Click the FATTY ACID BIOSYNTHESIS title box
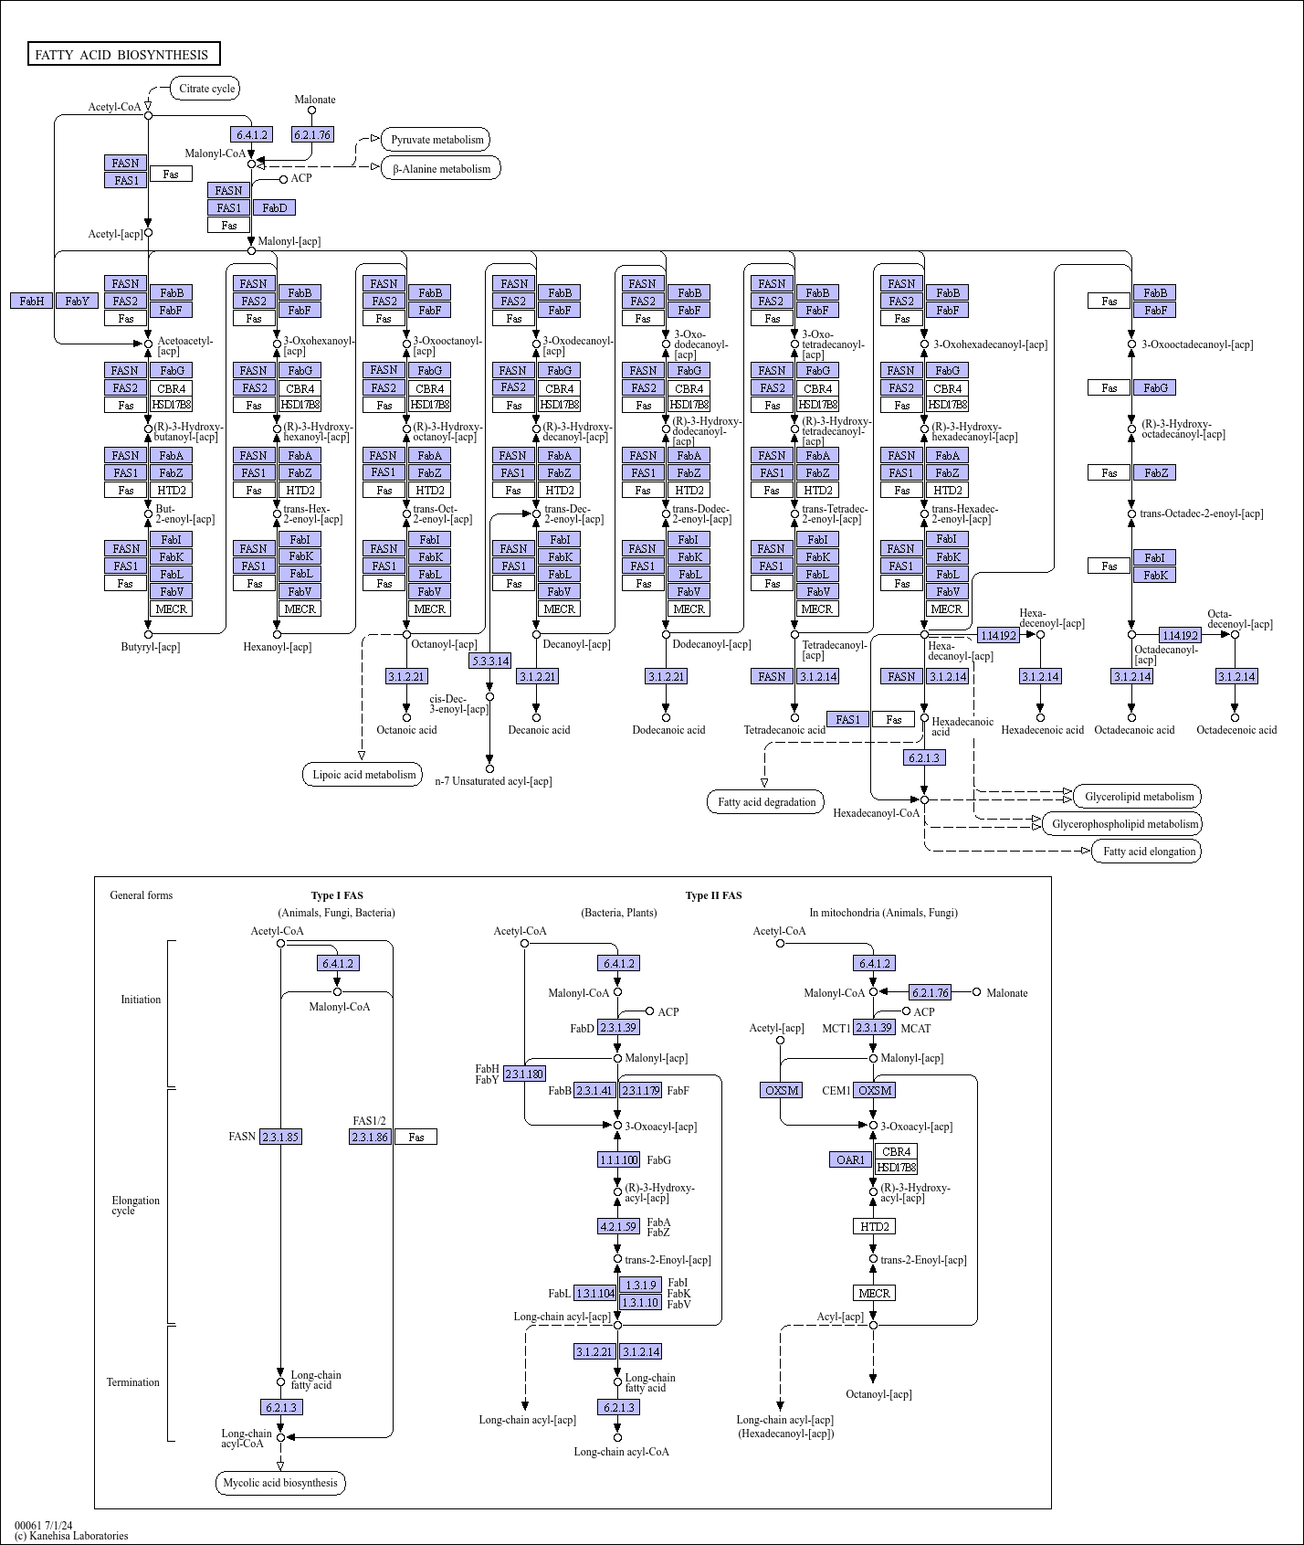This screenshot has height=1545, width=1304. point(123,55)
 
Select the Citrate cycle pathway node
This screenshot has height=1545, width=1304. point(206,89)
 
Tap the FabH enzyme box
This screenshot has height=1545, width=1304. point(32,301)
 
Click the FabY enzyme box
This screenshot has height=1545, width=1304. point(78,301)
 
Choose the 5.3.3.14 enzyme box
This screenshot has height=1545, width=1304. point(490,660)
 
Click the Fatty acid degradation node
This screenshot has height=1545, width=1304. point(766,802)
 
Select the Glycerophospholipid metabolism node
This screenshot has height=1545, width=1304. point(1124,823)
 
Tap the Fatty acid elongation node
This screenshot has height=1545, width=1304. point(1148,852)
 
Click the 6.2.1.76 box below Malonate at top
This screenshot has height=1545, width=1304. point(312,134)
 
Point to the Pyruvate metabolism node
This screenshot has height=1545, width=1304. point(436,140)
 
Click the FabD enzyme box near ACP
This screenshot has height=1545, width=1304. point(274,207)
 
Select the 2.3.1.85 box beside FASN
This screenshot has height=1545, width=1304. point(280,1137)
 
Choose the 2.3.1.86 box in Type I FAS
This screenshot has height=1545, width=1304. point(370,1137)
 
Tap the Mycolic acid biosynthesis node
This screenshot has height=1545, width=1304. point(280,1483)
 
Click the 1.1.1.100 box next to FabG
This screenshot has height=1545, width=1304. point(618,1159)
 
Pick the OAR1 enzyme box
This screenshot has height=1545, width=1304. point(850,1159)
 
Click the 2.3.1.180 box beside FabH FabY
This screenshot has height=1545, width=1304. point(524,1074)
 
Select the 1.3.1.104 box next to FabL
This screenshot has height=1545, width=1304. point(595,1293)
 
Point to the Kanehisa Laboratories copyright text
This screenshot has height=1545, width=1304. point(71,1536)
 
